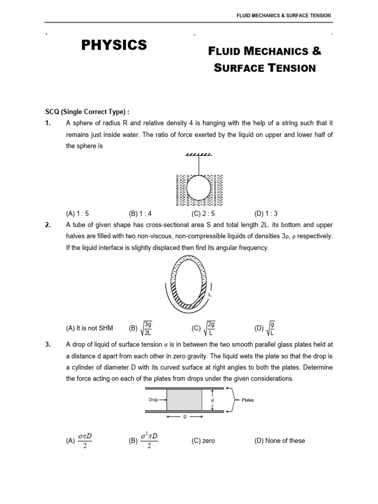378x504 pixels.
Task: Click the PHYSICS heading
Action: (x=114, y=45)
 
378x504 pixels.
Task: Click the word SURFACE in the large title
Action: (x=236, y=68)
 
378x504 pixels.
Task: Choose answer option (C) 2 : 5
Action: (x=203, y=214)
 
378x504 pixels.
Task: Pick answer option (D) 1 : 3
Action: (x=266, y=214)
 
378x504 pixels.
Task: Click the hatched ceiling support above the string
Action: (x=199, y=155)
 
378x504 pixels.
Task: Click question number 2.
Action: (x=48, y=224)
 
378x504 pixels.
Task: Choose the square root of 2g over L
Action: (x=209, y=328)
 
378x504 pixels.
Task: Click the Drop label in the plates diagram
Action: (x=153, y=400)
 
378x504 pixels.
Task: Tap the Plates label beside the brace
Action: (x=248, y=400)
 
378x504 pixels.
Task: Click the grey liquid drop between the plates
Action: (x=184, y=400)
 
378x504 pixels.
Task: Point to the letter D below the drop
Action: (x=185, y=417)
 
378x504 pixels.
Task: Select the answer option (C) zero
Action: (x=203, y=441)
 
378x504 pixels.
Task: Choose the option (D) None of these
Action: (x=280, y=441)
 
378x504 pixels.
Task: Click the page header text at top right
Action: (x=284, y=16)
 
